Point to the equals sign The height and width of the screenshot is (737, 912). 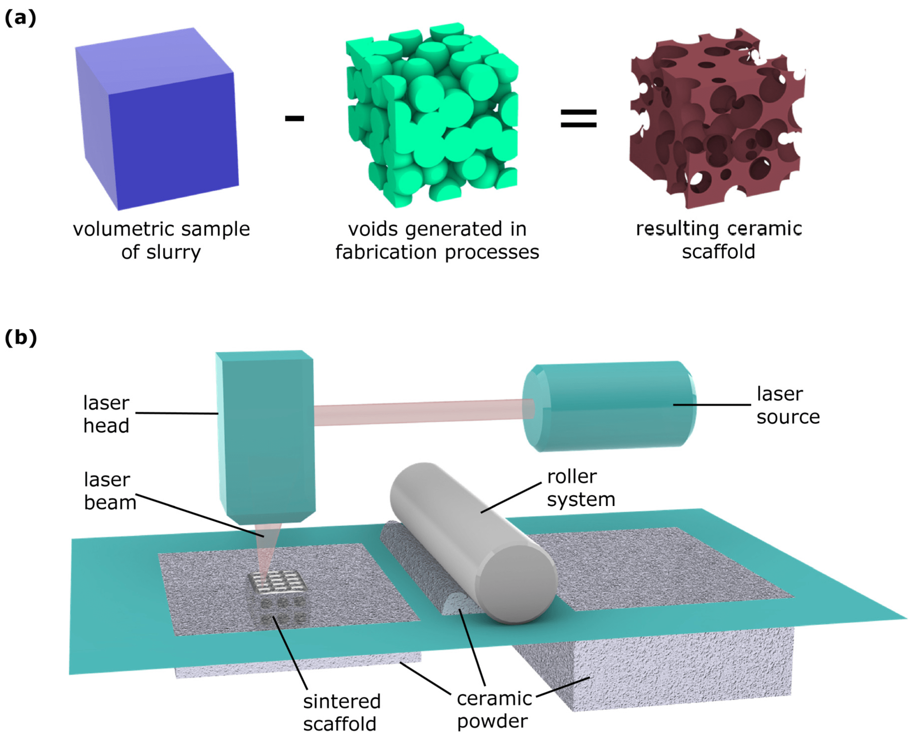point(578,119)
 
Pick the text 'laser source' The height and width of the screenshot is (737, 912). point(788,406)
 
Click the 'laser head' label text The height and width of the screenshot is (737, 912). point(106,414)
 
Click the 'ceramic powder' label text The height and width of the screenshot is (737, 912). point(494,710)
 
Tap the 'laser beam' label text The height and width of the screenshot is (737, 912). point(110,491)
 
